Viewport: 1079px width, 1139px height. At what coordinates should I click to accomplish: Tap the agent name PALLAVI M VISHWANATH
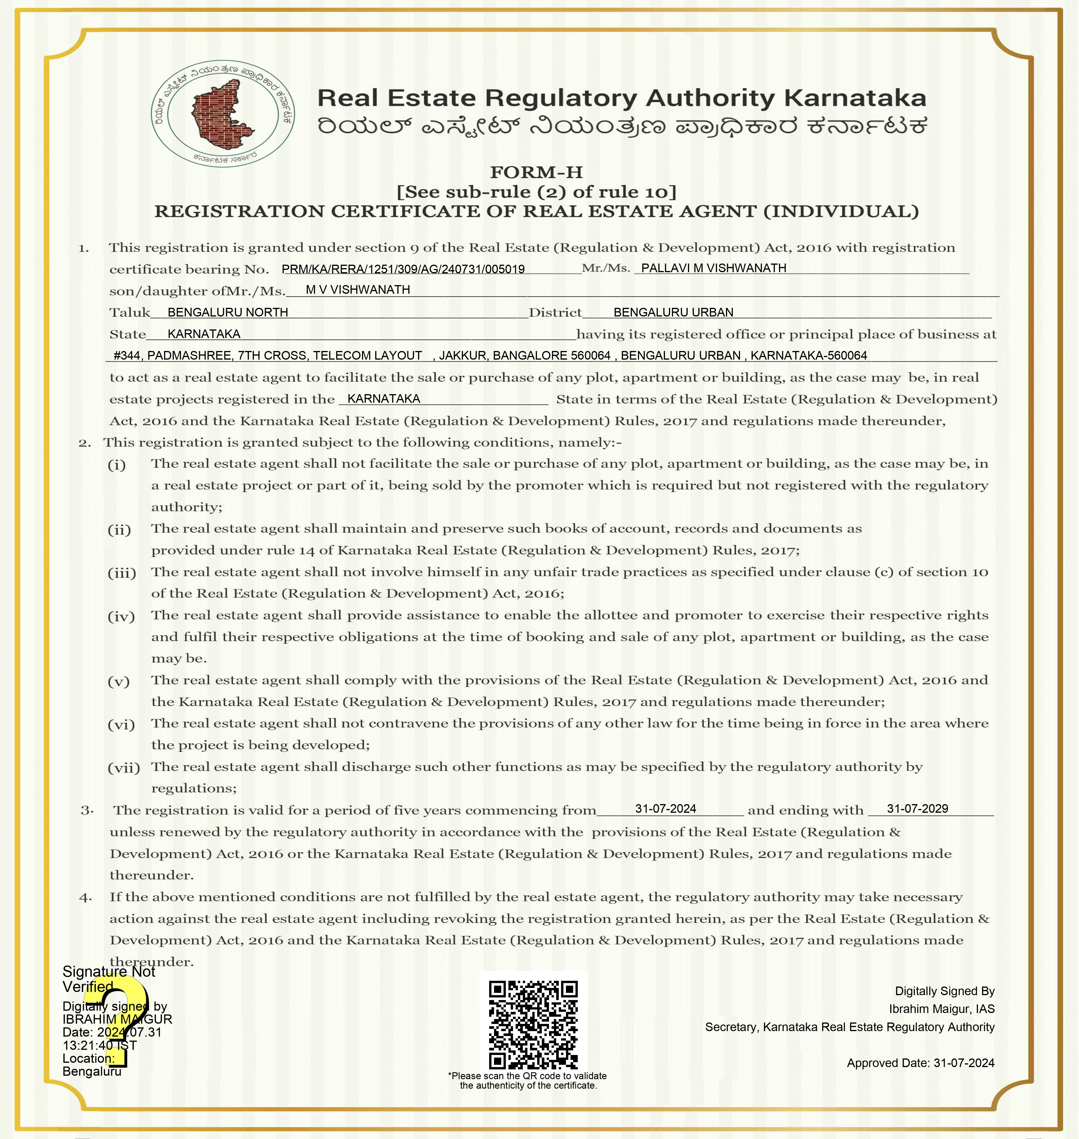pyautogui.click(x=713, y=268)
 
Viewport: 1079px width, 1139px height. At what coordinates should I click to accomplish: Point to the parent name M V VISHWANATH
pyautogui.click(x=358, y=290)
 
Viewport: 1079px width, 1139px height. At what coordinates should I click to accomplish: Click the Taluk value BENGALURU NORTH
pyautogui.click(x=228, y=312)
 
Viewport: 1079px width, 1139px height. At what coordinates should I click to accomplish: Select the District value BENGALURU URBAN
pyautogui.click(x=673, y=312)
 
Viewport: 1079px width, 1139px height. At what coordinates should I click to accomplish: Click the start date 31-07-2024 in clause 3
pyautogui.click(x=666, y=808)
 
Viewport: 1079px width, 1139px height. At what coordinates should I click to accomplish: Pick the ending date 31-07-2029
pyautogui.click(x=917, y=808)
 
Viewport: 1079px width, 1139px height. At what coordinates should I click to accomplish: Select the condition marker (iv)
pyautogui.click(x=121, y=616)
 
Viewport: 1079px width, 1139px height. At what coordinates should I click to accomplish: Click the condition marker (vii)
pyautogui.click(x=124, y=768)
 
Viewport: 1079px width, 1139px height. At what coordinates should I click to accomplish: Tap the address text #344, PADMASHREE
pyautogui.click(x=173, y=355)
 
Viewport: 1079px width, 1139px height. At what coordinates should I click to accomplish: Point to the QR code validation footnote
pyautogui.click(x=527, y=1080)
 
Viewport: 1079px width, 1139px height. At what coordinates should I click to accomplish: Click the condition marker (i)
pyautogui.click(x=117, y=465)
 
